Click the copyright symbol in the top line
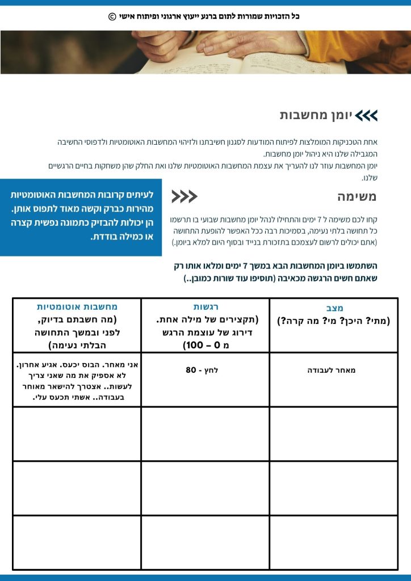click(112, 16)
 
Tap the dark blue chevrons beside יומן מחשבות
click(367, 116)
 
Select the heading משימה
click(357, 197)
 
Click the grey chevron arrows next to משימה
click(184, 197)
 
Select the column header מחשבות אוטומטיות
click(77, 306)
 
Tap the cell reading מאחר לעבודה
click(334, 371)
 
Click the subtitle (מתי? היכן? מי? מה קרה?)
click(334, 321)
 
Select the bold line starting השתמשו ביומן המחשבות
click(275, 266)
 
